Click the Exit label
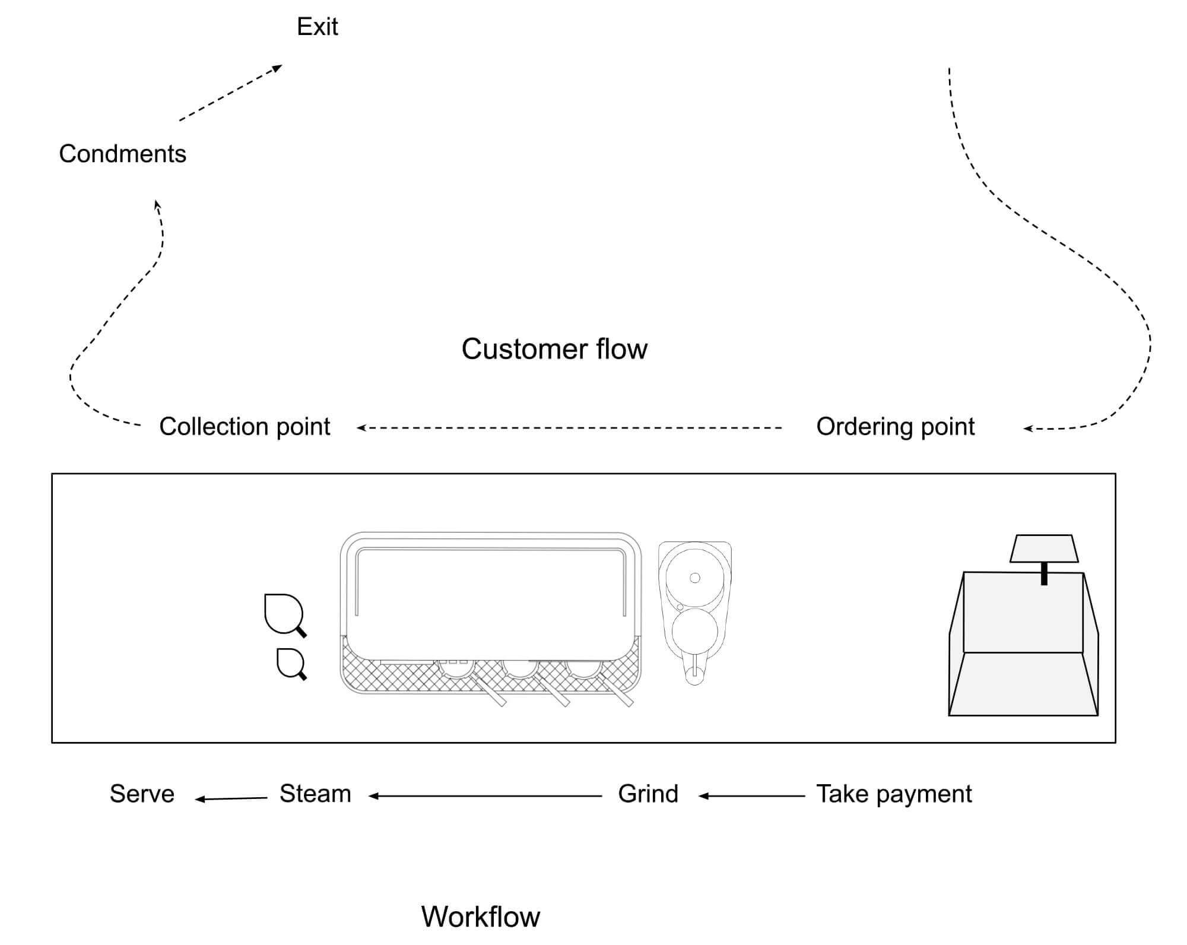(x=318, y=27)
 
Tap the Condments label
(x=122, y=154)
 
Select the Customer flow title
(x=554, y=349)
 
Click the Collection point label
(x=245, y=427)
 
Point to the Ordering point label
(x=895, y=427)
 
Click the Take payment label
(x=894, y=794)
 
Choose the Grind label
(x=648, y=794)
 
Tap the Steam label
(x=315, y=794)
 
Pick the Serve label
(x=142, y=794)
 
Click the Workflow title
(x=481, y=917)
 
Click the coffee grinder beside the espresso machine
(x=694, y=611)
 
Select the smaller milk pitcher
(x=291, y=662)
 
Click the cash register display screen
(x=1044, y=548)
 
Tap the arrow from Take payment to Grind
(x=751, y=796)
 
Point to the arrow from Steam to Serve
(x=231, y=799)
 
